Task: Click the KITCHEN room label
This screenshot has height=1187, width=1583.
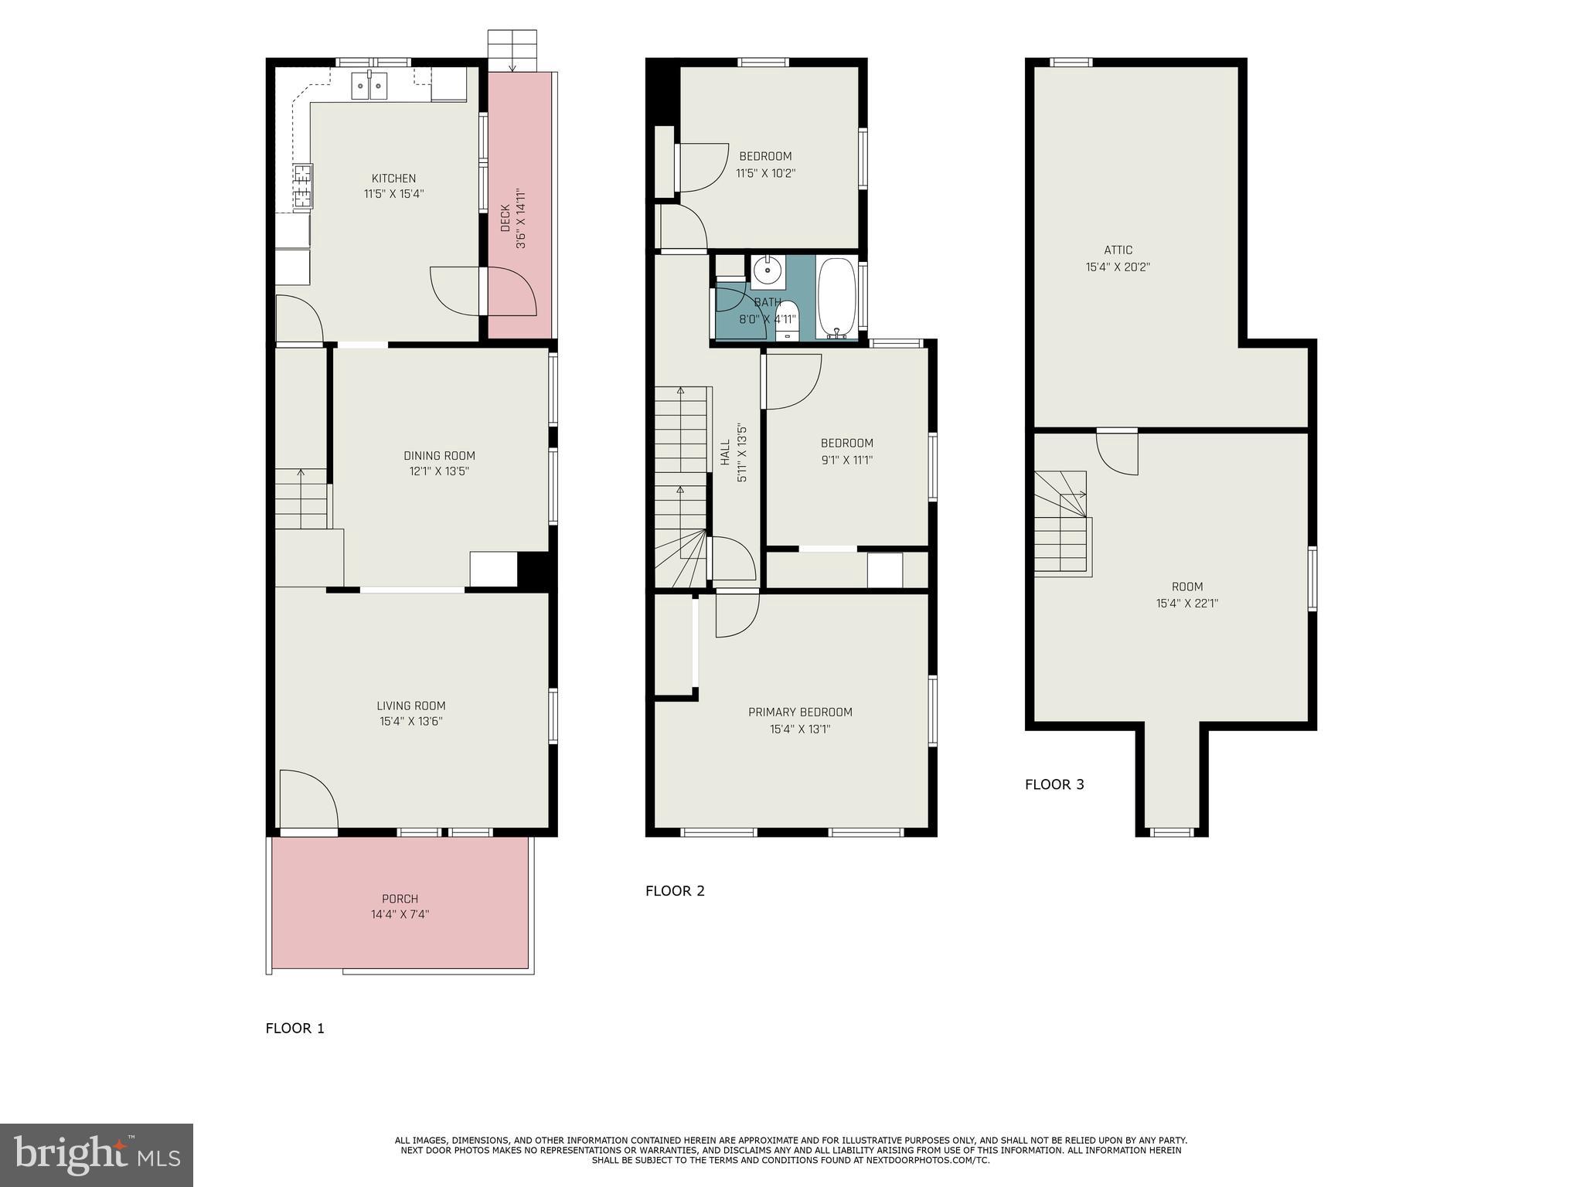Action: coord(393,179)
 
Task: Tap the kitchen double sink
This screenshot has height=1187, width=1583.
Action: coord(369,86)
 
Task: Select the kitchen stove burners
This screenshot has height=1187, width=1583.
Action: coord(302,187)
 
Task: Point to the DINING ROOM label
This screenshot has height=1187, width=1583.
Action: coord(439,456)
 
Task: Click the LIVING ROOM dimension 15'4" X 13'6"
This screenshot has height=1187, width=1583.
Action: coord(410,722)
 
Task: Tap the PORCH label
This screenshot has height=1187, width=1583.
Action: coord(400,899)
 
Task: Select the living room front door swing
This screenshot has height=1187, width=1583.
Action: coord(308,799)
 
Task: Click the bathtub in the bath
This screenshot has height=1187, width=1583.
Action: coord(836,298)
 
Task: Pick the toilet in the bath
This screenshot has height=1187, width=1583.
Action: coord(787,324)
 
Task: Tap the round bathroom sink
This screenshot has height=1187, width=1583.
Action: coord(767,271)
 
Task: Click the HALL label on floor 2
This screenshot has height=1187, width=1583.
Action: coord(725,452)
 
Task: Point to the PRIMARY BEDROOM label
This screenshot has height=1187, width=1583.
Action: coord(800,713)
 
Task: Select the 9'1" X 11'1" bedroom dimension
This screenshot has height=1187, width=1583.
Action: coord(846,460)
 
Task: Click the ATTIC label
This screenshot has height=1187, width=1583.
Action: coord(1118,250)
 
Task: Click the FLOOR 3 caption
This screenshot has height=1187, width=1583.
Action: coord(1054,784)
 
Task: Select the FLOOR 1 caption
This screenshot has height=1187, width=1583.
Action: coord(294,1029)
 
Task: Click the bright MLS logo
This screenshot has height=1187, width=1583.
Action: coord(97,1155)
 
